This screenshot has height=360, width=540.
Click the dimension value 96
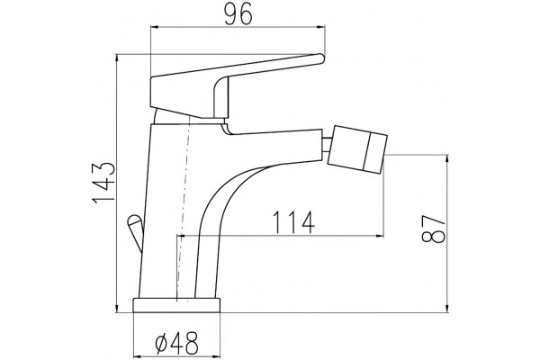pyautogui.click(x=238, y=15)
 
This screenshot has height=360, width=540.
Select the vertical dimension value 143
pyautogui.click(x=103, y=183)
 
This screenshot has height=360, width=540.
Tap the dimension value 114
pyautogui.click(x=293, y=222)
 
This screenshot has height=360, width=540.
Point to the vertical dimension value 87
pyautogui.click(x=433, y=229)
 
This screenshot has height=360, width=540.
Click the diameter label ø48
pyautogui.click(x=177, y=343)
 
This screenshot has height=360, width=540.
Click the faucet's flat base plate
pyautogui.click(x=176, y=305)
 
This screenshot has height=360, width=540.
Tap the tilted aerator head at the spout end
pyautogui.click(x=357, y=148)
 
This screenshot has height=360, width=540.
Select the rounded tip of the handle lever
pyautogui.click(x=320, y=58)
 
